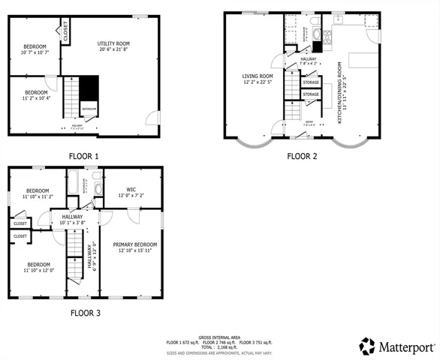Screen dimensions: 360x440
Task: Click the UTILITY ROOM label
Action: (x=113, y=47)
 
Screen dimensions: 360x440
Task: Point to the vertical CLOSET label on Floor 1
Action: (x=65, y=31)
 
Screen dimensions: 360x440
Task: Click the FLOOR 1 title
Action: (x=84, y=156)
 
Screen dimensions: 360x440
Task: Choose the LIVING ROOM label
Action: (x=257, y=79)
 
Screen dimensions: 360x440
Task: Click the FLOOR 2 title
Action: (x=302, y=156)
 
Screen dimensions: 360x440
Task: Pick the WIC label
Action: (x=131, y=193)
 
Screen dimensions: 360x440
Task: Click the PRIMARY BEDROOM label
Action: (x=135, y=247)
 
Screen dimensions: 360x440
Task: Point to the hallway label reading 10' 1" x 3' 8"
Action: (x=72, y=220)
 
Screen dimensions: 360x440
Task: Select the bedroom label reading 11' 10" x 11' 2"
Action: (x=38, y=194)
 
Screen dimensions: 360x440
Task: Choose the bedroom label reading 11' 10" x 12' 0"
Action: (x=38, y=268)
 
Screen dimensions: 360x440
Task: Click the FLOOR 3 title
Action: (x=84, y=313)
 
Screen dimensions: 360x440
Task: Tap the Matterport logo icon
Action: (x=366, y=346)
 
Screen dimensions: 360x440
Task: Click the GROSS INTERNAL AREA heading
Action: (x=219, y=337)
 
